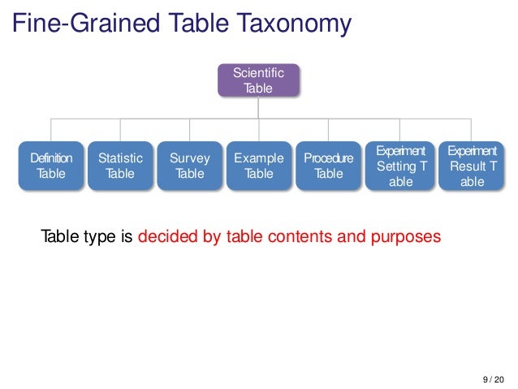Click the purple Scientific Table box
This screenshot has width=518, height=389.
258,80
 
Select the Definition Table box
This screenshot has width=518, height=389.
51,166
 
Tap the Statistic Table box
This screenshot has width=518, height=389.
120,166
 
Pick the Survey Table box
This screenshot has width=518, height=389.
190,166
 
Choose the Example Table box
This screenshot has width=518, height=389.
259,166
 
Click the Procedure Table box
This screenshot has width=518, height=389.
329,166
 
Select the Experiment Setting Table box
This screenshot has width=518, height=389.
401,166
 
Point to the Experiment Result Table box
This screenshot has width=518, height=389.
472,166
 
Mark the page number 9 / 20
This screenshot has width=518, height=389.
492,379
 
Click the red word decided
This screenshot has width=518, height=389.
166,238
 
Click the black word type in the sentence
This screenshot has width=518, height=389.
98,238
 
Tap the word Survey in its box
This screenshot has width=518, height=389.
190,158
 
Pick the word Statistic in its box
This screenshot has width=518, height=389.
120,158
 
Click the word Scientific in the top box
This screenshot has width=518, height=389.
258,73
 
